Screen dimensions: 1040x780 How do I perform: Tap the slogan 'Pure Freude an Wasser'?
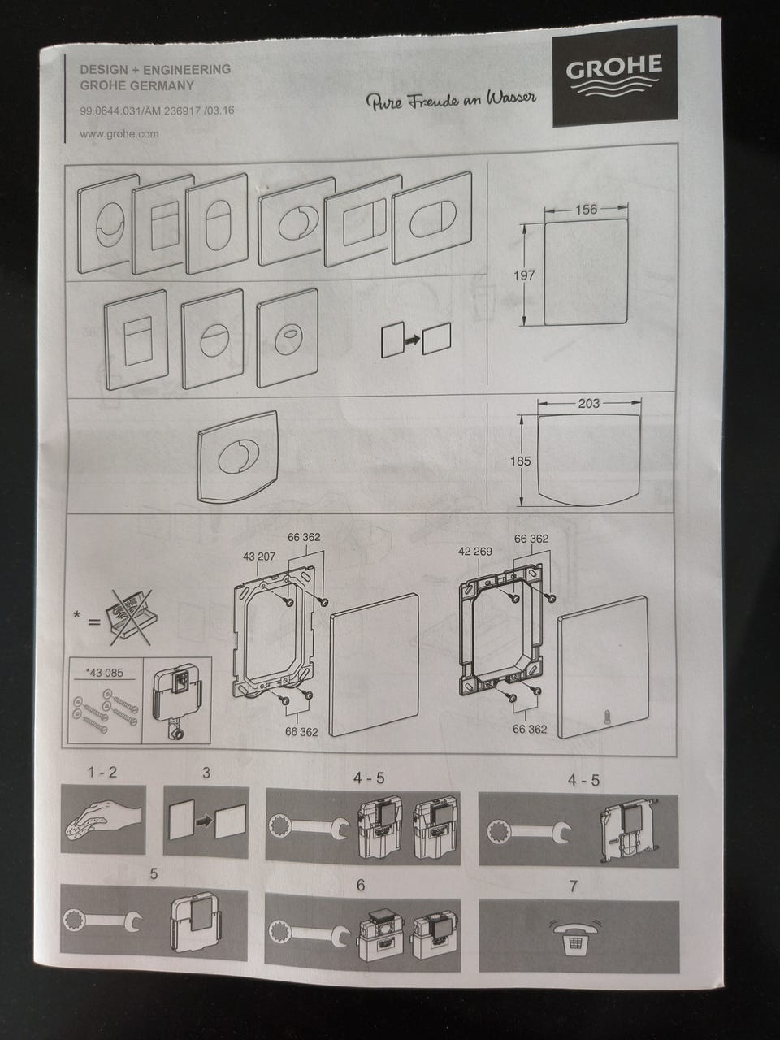(x=451, y=100)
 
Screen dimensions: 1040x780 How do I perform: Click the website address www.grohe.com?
(x=119, y=134)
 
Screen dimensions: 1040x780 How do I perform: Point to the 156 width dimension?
(x=585, y=210)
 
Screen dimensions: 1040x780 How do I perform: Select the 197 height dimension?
(x=524, y=275)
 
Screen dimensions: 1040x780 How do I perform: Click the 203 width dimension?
(x=590, y=403)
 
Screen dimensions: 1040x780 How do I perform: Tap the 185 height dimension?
(x=520, y=461)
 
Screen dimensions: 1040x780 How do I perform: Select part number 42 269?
(x=475, y=551)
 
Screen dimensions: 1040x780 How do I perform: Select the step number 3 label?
(x=206, y=773)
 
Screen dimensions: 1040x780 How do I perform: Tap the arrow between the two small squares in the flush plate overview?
(x=414, y=342)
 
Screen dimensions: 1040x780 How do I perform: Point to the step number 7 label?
(x=574, y=886)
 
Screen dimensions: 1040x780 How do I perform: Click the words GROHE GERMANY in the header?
(x=137, y=84)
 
